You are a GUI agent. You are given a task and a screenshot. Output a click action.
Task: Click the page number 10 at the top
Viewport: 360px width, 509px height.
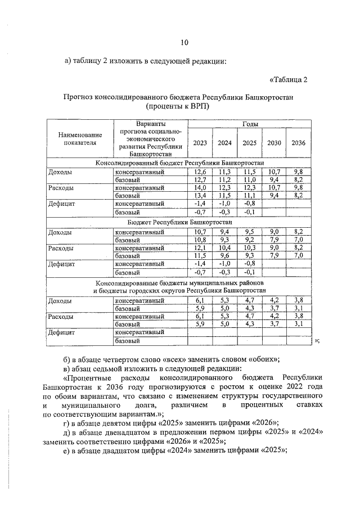tap(184, 43)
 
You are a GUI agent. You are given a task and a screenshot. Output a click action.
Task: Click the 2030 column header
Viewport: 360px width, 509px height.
tap(274, 143)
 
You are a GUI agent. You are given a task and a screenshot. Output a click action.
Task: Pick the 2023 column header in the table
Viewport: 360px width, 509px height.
tap(200, 143)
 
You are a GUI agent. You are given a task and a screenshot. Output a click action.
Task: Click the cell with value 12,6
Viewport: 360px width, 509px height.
tap(200, 171)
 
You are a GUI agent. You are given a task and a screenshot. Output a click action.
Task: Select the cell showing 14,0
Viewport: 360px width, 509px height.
tap(200, 187)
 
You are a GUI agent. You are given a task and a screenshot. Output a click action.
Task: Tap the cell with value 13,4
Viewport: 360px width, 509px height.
tap(200, 195)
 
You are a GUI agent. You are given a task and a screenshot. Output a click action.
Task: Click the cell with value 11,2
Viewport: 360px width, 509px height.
tap(225, 179)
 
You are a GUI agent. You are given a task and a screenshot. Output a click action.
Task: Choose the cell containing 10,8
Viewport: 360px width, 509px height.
tap(200, 239)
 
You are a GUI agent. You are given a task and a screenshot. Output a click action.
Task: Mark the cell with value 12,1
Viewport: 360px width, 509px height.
tap(200, 247)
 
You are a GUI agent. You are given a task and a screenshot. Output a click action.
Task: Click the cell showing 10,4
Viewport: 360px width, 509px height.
tap(225, 247)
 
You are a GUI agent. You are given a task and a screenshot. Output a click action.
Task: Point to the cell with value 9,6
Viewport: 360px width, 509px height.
tap(225, 255)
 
